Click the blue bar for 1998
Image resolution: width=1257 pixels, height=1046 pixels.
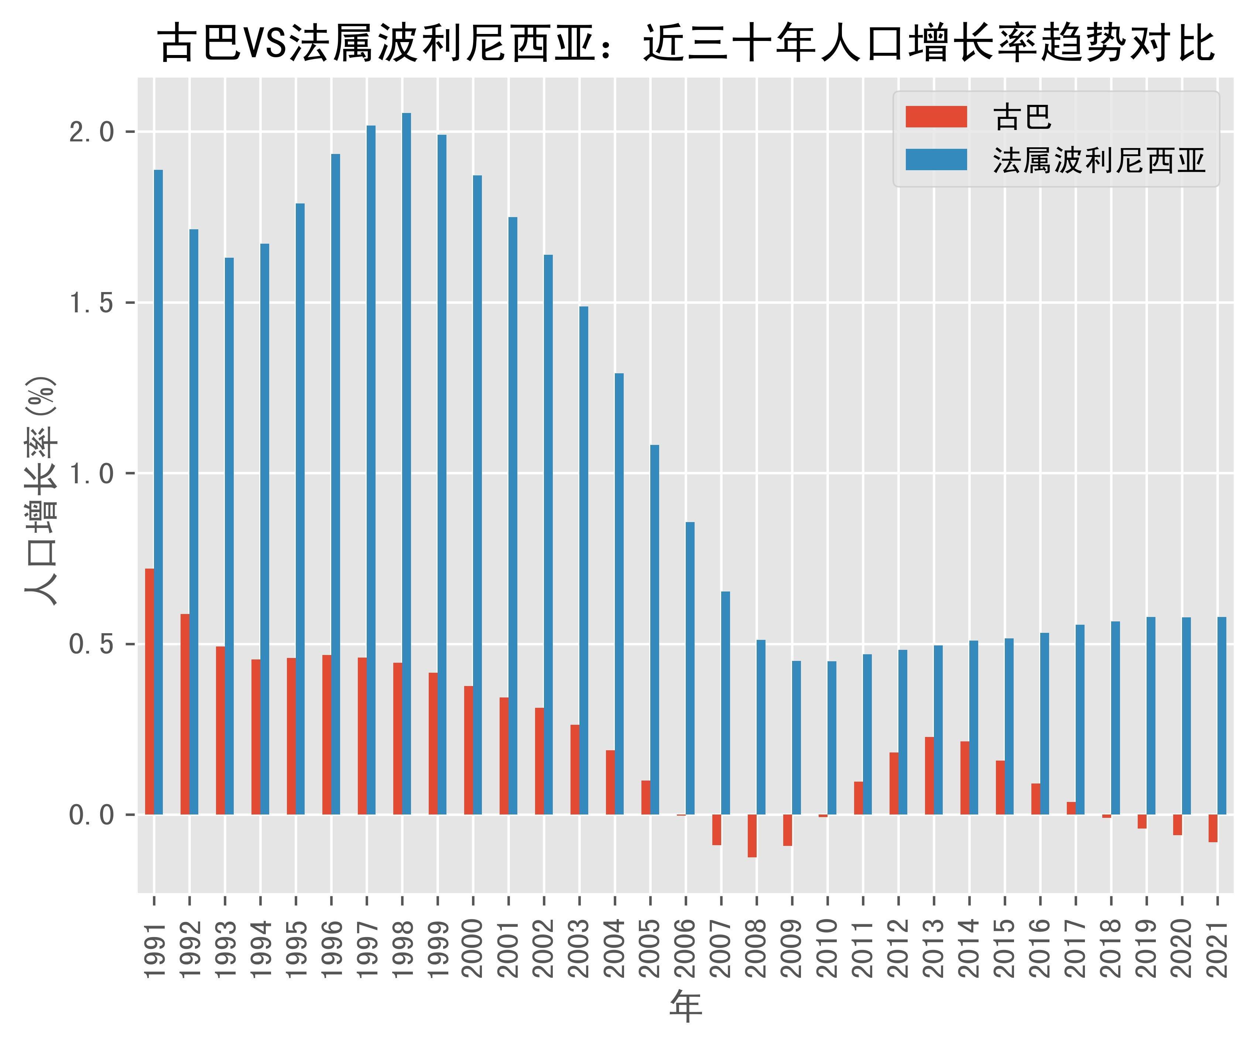[407, 464]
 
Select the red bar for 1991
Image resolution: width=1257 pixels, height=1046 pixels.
[150, 691]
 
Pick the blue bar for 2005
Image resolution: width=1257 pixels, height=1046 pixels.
[654, 630]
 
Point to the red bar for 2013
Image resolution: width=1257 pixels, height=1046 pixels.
[929, 775]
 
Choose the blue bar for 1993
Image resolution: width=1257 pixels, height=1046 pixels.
[229, 536]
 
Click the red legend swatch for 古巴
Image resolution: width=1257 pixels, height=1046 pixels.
[936, 117]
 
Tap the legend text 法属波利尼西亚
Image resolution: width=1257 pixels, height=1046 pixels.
[1098, 160]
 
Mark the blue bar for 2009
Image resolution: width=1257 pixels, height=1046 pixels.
[796, 737]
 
